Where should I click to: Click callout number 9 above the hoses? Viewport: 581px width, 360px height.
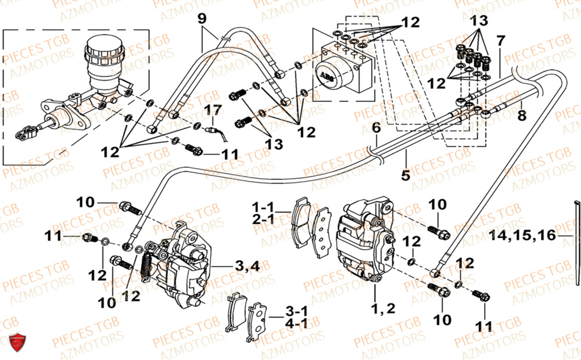(x=202, y=19)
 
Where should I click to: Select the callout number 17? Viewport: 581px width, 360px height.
(x=213, y=110)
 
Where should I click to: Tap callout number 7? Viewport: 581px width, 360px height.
(x=500, y=41)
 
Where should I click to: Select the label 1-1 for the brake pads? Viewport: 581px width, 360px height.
(x=262, y=207)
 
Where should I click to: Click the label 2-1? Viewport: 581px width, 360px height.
(x=262, y=221)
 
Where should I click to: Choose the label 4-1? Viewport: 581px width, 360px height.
(x=295, y=323)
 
